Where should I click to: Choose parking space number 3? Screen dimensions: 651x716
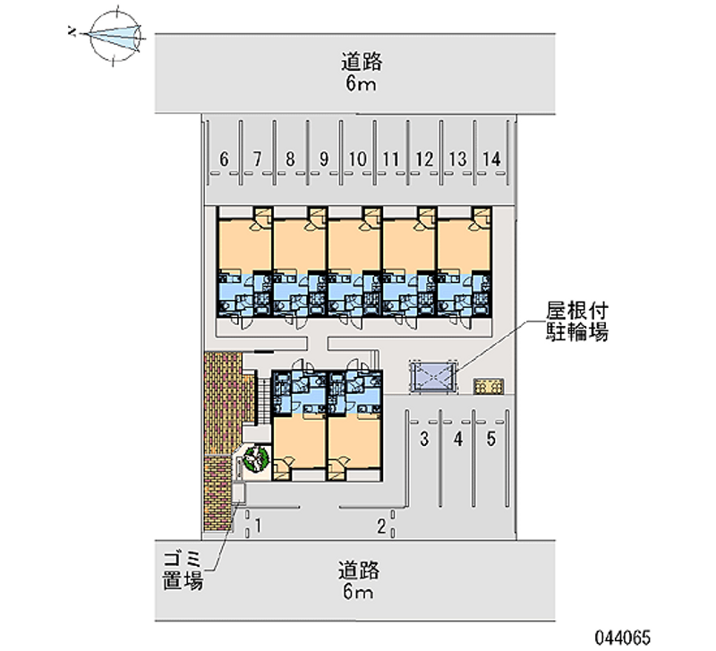pos(425,439)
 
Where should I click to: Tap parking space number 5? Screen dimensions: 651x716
pos(490,439)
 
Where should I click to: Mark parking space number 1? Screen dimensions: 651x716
pos(258,525)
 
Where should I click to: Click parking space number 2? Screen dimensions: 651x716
pos(380,525)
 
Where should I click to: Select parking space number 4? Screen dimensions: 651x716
pos(457,439)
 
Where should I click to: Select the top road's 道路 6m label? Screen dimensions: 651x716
pos(362,73)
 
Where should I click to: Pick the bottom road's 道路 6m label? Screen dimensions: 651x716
pos(361,580)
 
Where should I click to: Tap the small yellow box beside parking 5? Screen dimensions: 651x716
pos(489,386)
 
